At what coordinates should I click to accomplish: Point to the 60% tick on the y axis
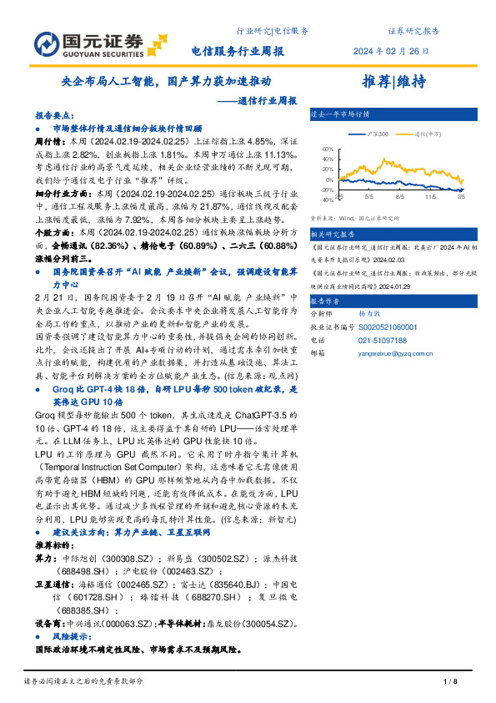[x=327, y=149]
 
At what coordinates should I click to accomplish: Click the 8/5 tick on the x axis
[x=399, y=197]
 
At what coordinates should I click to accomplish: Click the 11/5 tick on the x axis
[x=431, y=197]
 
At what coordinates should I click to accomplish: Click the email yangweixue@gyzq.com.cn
[x=404, y=354]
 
